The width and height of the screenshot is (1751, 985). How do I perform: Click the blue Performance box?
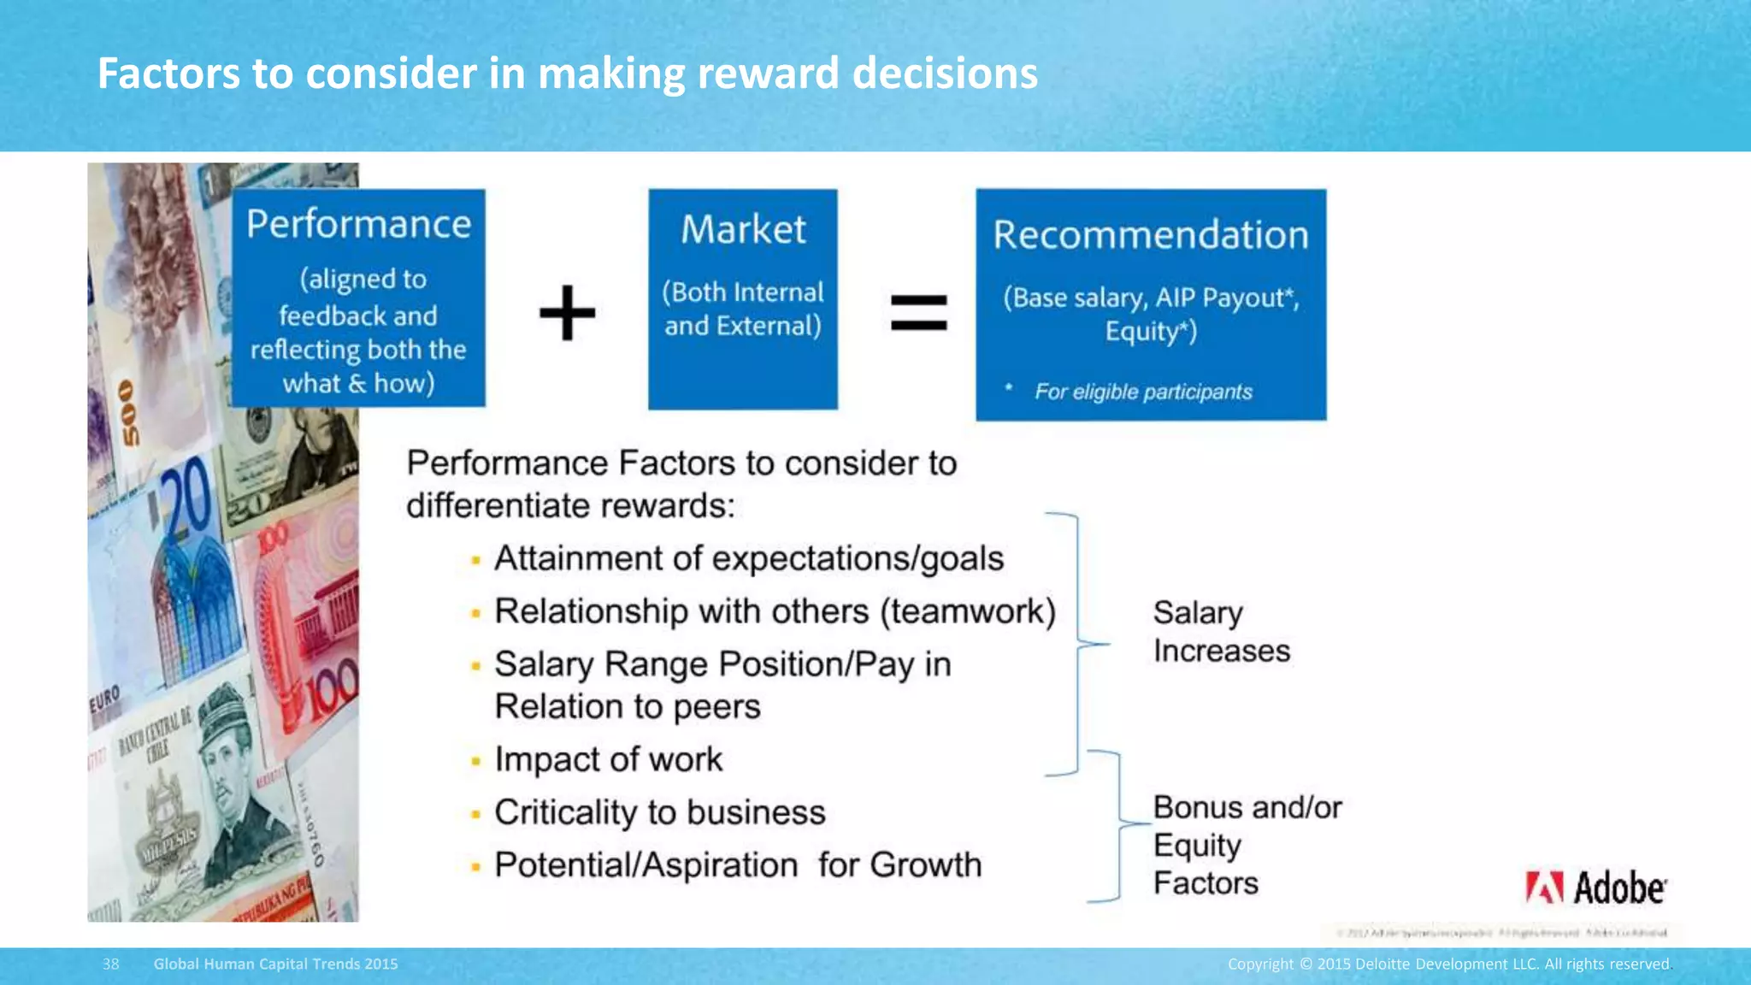tap(358, 298)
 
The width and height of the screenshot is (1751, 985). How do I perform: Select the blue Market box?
tap(742, 298)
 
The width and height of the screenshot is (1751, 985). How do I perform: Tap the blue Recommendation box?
tap(1151, 304)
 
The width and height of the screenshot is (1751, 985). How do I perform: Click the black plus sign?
tap(568, 312)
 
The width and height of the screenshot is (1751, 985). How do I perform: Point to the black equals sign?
tap(919, 312)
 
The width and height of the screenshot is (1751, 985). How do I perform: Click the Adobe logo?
tap(1595, 888)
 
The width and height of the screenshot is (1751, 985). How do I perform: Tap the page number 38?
tap(111, 964)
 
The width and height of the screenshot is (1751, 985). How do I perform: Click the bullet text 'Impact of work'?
tap(609, 759)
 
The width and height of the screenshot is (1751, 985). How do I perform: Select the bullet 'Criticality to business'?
tap(660, 812)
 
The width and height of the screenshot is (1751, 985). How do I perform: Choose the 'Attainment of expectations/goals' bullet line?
tap(749, 558)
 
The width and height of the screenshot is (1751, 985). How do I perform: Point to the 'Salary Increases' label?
tap(1221, 632)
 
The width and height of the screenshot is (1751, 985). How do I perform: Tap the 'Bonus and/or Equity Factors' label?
tap(1247, 845)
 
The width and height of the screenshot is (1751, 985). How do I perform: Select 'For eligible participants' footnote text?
tap(1143, 392)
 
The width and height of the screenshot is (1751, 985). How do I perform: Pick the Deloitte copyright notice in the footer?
tap(1448, 964)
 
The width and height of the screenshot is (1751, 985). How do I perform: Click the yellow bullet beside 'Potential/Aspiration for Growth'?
tap(475, 866)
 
